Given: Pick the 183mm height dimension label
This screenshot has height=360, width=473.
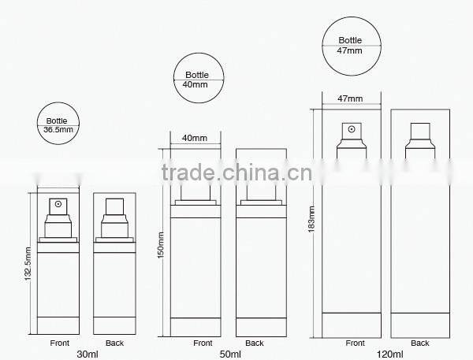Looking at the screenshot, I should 312,214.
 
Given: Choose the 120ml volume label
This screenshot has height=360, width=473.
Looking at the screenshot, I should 388,354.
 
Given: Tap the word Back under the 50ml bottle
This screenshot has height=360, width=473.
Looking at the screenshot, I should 254,343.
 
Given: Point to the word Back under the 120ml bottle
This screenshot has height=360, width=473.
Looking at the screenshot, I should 419,343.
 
